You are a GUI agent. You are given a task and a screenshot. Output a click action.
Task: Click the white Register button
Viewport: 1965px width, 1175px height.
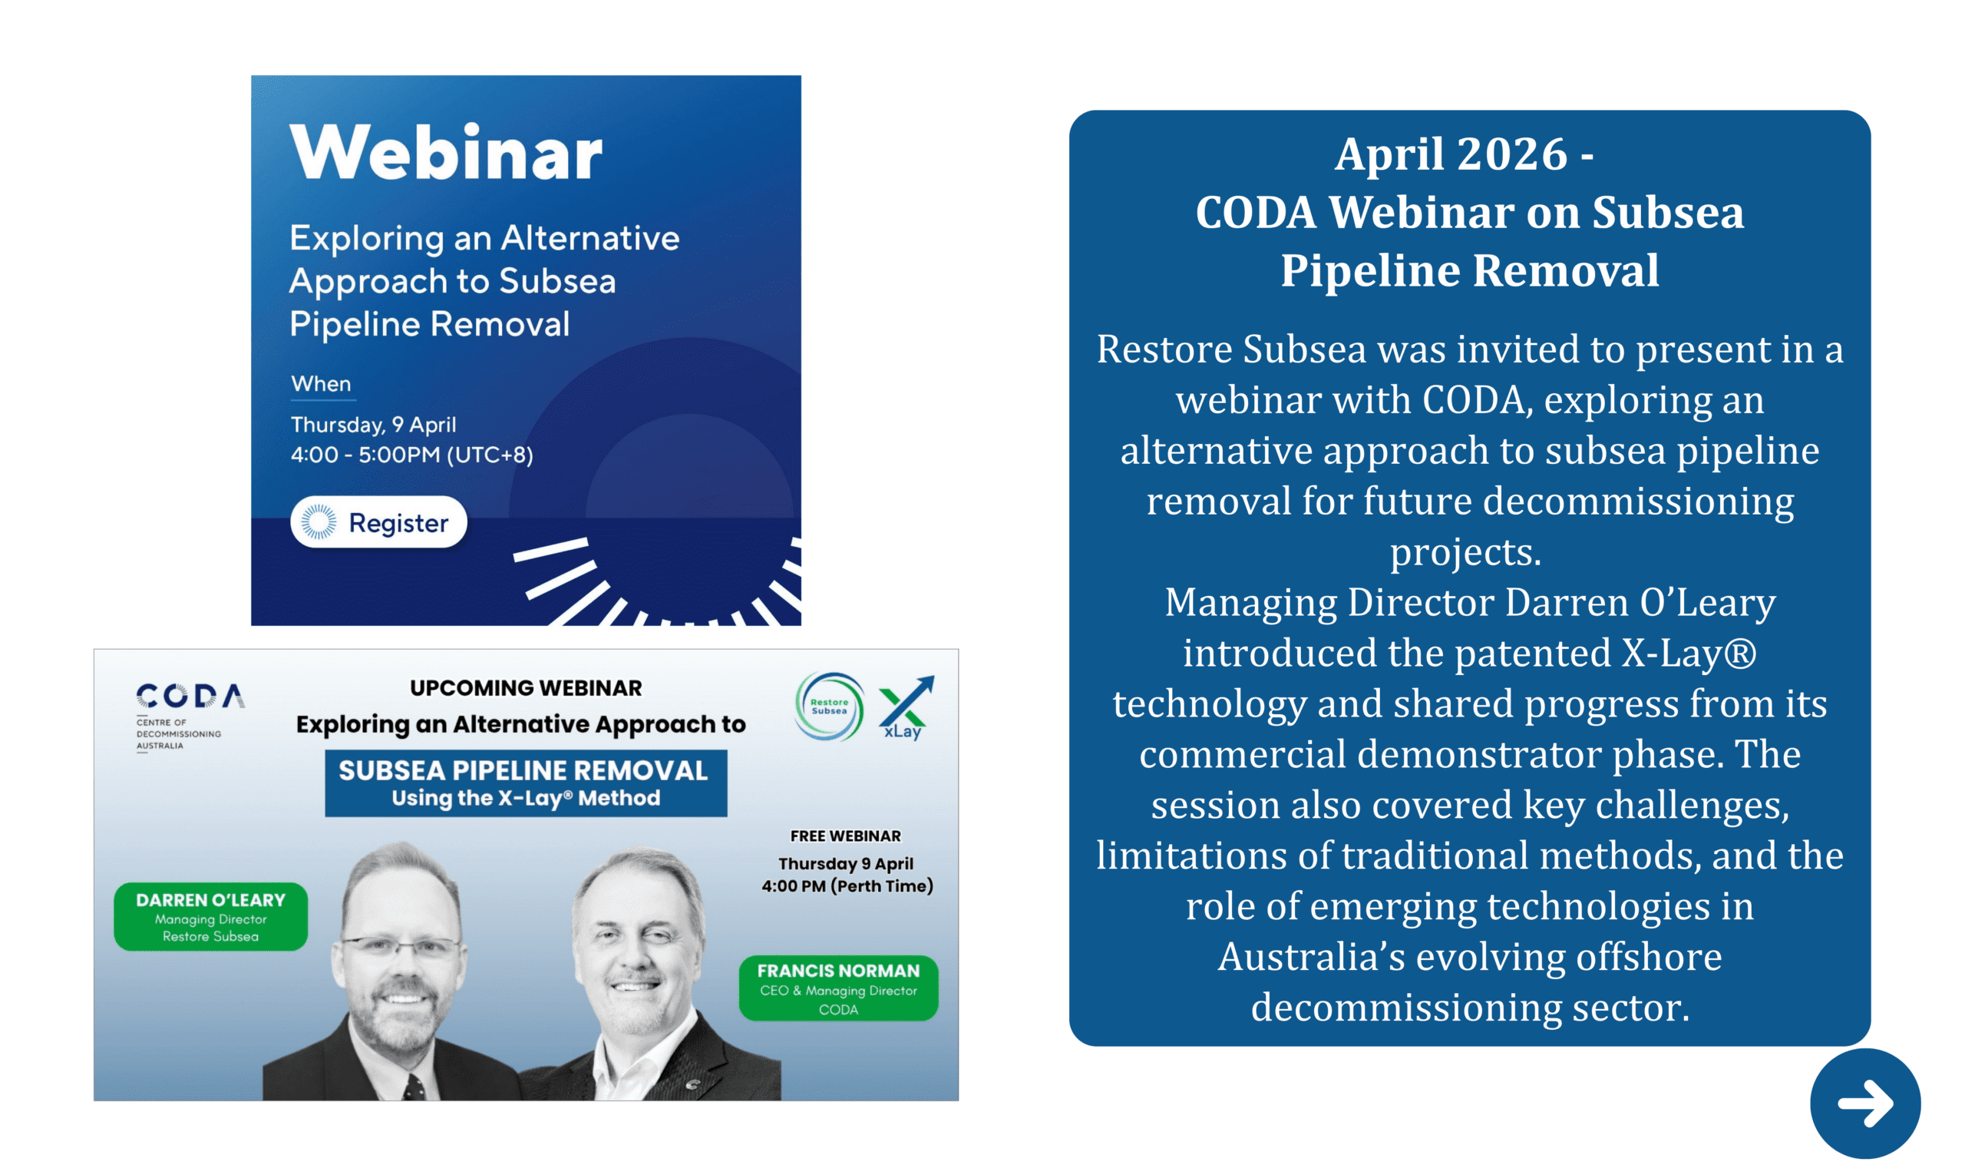click(378, 521)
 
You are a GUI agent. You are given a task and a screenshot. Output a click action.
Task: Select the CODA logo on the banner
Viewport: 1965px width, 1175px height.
click(190, 697)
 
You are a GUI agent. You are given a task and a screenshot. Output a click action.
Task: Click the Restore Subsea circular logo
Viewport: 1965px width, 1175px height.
click(827, 707)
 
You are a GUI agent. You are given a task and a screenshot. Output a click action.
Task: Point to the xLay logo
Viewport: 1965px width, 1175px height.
click(905, 708)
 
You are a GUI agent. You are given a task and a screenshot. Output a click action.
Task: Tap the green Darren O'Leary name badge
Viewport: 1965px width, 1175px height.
click(210, 917)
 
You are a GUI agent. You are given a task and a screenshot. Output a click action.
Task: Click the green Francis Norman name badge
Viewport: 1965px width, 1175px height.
click(838, 988)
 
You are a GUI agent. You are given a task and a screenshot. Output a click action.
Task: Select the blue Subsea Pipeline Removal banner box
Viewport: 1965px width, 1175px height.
click(526, 783)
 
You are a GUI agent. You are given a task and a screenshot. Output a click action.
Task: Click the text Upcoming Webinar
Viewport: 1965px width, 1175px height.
click(526, 687)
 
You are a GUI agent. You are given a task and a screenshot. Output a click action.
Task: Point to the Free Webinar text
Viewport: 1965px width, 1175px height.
click(845, 836)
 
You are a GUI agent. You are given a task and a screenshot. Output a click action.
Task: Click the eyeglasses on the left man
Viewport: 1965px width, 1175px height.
click(401, 948)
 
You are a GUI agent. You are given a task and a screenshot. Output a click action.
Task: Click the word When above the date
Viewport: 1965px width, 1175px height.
click(321, 384)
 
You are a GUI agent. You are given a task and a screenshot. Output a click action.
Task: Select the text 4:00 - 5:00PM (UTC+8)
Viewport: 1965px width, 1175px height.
click(411, 455)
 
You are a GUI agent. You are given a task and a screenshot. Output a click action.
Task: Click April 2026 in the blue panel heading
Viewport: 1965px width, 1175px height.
click(1451, 154)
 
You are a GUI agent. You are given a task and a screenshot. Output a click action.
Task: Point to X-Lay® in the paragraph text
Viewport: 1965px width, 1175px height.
click(1688, 654)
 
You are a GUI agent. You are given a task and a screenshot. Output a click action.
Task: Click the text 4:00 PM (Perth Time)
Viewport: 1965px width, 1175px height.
click(847, 886)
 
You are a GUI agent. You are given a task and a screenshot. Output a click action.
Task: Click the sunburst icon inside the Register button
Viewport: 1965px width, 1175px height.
click(318, 521)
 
